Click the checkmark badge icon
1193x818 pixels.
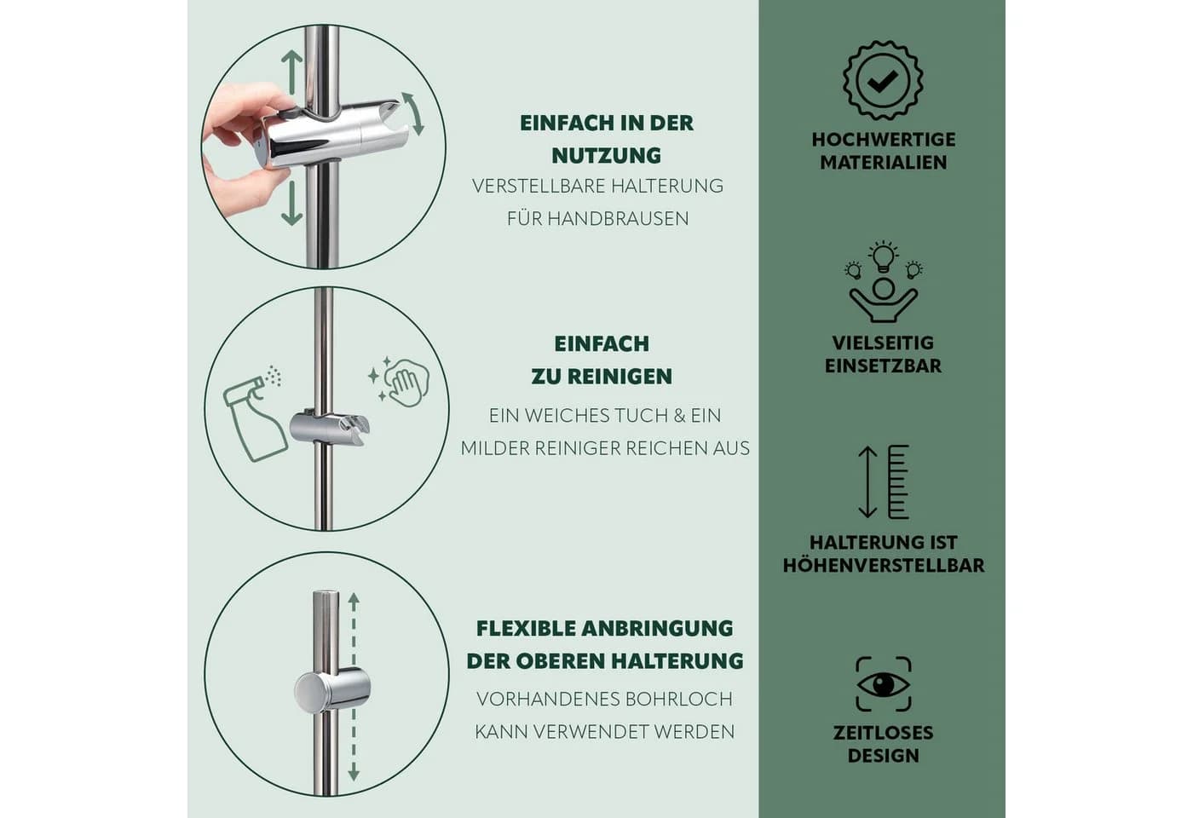(x=883, y=80)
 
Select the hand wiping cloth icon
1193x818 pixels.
(x=399, y=382)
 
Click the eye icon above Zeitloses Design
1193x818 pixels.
(x=883, y=683)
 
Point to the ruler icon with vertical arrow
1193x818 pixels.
(x=883, y=481)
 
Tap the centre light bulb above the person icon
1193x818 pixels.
(x=884, y=256)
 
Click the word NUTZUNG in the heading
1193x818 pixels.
(x=606, y=155)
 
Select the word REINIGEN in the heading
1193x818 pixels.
(x=620, y=377)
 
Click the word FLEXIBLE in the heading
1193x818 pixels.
(x=525, y=629)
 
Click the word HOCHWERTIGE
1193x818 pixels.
(x=884, y=140)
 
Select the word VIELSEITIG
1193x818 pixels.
(x=883, y=343)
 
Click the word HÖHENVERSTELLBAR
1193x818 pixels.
(x=884, y=565)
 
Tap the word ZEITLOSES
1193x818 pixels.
(x=883, y=732)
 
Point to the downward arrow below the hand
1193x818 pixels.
(x=291, y=203)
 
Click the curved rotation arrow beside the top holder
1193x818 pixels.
(x=413, y=113)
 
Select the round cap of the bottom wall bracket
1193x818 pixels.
(x=308, y=691)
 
